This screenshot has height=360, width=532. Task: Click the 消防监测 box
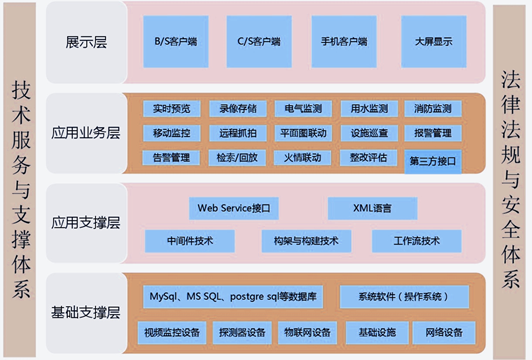[433, 108]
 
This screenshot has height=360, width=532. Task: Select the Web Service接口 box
[235, 208]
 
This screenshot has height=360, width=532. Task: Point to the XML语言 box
[372, 208]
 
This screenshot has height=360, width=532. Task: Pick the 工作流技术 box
[417, 241]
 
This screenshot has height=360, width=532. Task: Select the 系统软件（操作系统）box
[403, 297]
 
